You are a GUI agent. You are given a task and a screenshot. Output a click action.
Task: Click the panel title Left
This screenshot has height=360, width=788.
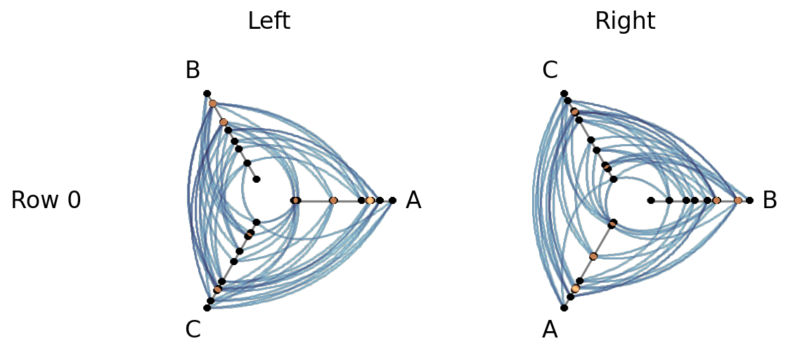(x=269, y=21)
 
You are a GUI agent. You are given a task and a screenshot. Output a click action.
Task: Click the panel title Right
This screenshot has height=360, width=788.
(x=625, y=21)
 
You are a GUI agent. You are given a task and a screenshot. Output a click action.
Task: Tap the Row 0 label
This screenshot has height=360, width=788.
(x=46, y=200)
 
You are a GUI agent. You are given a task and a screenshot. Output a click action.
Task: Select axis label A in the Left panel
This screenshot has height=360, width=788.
(x=413, y=200)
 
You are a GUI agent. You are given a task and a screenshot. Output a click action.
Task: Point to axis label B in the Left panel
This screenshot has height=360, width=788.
(x=193, y=71)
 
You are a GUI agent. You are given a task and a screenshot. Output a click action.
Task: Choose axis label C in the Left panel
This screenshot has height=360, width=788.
(x=193, y=329)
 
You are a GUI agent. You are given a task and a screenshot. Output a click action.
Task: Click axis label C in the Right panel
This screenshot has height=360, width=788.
(x=550, y=71)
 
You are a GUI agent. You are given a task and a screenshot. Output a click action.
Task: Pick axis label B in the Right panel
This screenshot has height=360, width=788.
(x=770, y=200)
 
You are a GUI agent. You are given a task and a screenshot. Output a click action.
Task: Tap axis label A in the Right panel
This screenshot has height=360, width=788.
(x=550, y=329)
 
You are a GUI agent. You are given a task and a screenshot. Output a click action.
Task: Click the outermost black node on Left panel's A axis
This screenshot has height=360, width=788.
(x=392, y=200)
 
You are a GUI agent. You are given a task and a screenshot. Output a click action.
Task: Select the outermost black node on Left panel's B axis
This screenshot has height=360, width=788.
(x=207, y=93)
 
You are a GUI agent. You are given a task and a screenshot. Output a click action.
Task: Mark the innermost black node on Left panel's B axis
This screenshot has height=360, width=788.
(x=257, y=179)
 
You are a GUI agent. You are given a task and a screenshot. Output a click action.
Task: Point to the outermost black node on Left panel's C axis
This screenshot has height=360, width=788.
(x=207, y=307)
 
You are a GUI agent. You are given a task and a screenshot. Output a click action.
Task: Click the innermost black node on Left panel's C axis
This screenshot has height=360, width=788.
(x=257, y=221)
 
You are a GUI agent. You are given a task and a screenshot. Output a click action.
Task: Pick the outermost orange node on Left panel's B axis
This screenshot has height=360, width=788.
(x=212, y=103)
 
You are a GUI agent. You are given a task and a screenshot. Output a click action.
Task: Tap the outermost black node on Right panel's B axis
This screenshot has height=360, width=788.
(x=749, y=200)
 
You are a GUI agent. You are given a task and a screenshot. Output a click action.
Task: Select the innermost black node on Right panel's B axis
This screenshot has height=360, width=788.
(x=651, y=200)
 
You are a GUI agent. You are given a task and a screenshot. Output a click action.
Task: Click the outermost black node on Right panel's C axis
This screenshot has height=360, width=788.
(x=564, y=93)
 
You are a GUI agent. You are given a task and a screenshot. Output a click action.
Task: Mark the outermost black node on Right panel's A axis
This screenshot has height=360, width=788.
(x=564, y=307)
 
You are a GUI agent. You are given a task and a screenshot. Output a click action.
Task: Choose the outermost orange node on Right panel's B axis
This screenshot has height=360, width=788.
(x=738, y=200)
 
